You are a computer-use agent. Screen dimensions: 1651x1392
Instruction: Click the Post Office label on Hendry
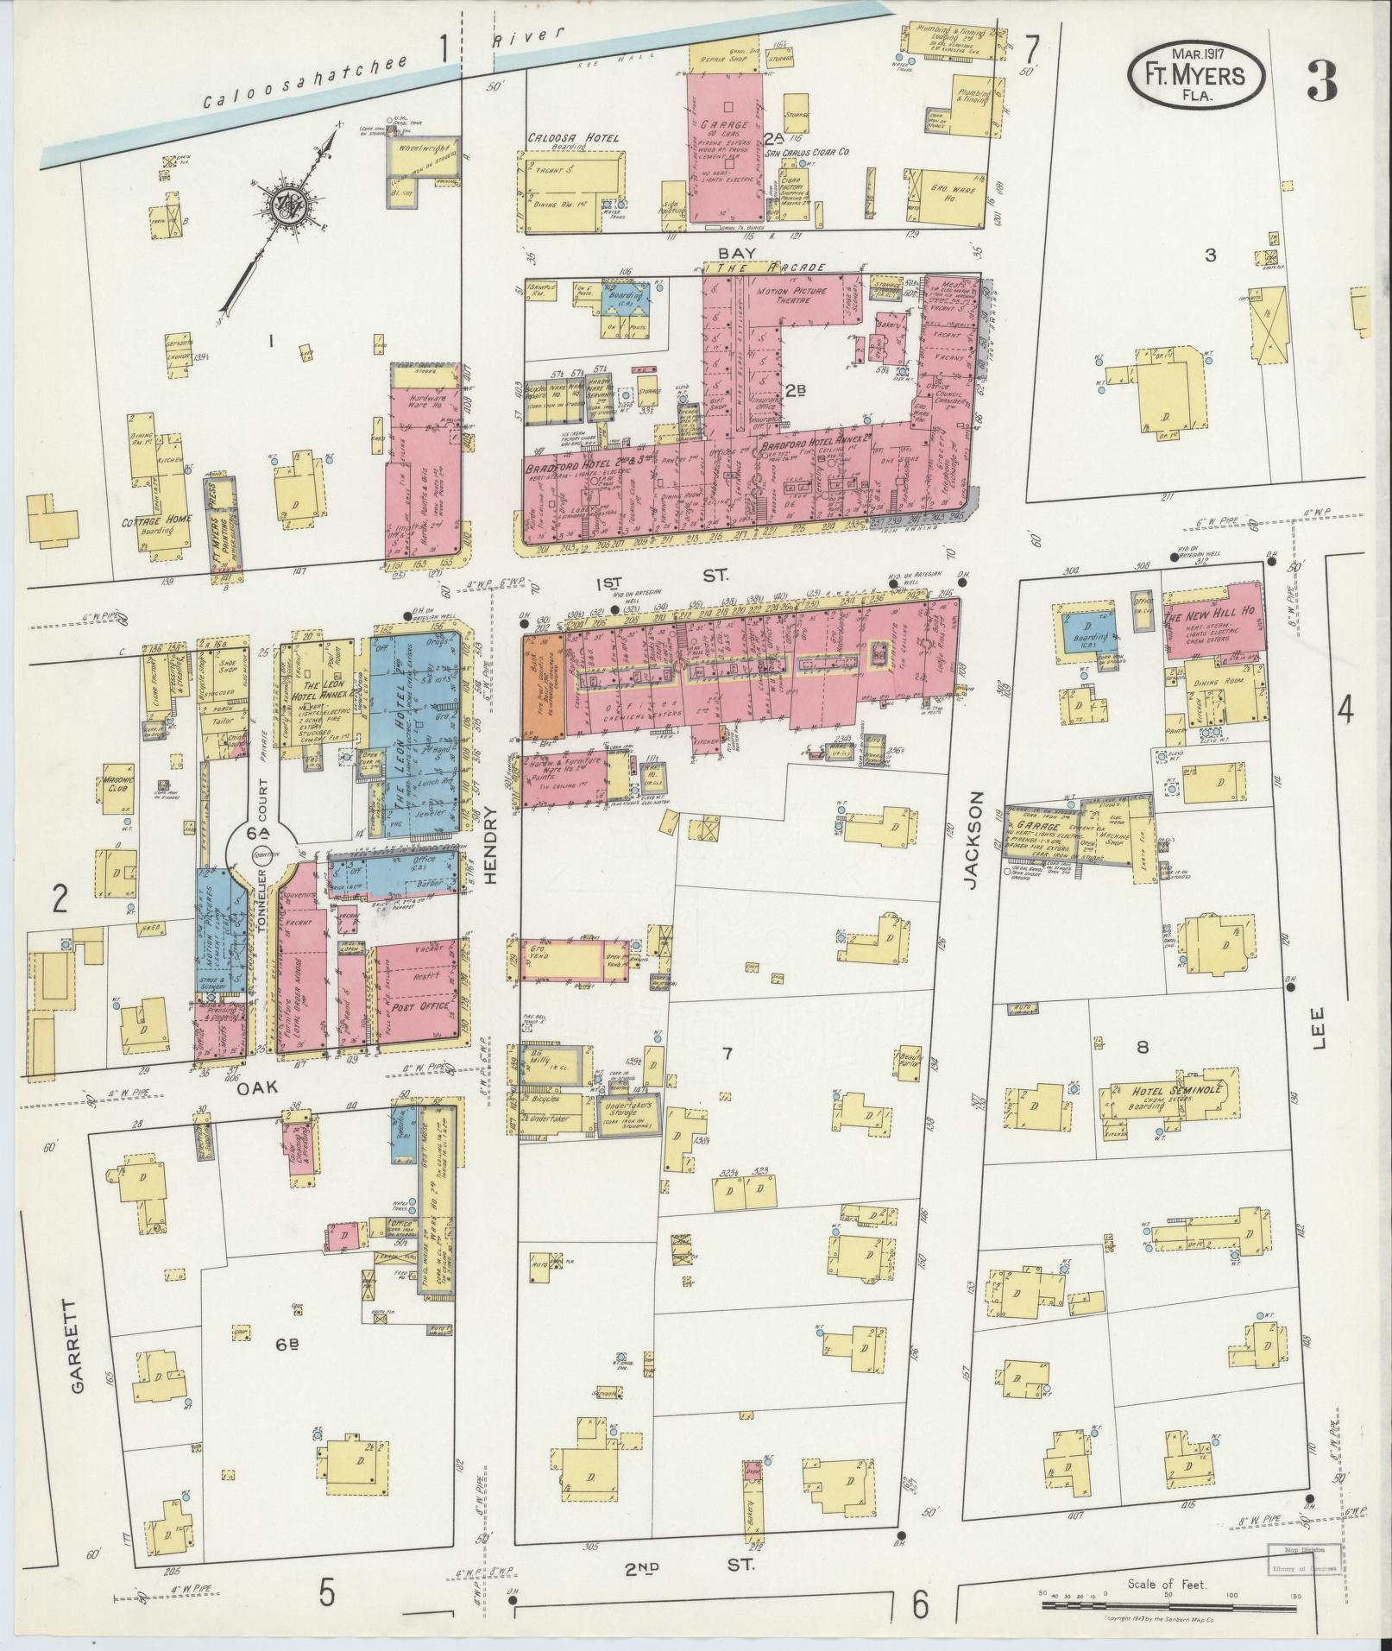(x=416, y=1007)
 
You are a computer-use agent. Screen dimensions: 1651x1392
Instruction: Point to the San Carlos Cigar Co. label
(x=809, y=151)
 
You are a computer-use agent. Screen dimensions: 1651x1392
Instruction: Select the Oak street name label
(x=257, y=1089)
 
